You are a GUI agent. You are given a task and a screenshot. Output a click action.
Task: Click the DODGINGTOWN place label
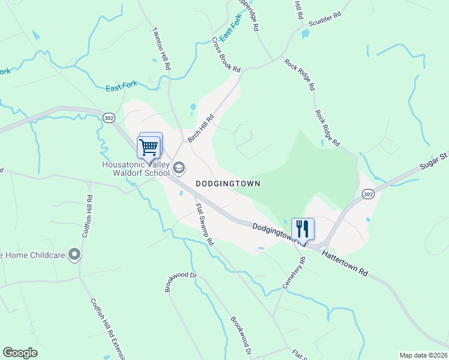(x=228, y=184)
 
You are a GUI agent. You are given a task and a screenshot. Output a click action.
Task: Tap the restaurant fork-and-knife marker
(x=303, y=229)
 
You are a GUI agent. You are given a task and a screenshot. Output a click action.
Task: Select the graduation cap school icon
(x=178, y=167)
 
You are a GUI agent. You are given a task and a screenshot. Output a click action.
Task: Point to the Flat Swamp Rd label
(x=205, y=224)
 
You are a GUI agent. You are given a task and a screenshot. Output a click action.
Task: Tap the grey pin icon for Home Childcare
(x=74, y=256)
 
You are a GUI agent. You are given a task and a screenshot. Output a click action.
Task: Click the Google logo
(x=20, y=353)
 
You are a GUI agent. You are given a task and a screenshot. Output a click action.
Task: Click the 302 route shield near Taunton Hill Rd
(x=108, y=117)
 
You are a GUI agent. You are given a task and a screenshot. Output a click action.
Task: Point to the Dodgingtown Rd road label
(x=275, y=232)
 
